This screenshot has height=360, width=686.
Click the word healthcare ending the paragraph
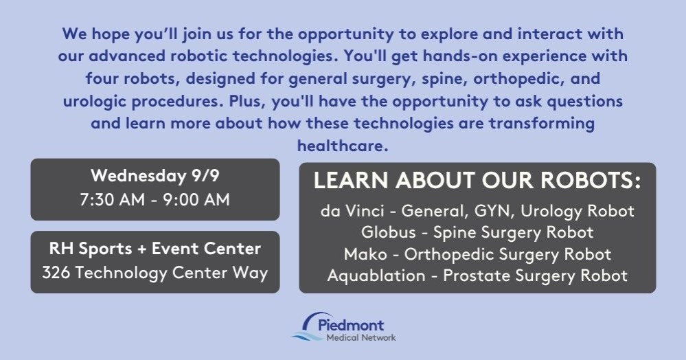click(x=343, y=146)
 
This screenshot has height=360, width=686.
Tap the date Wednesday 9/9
click(x=155, y=176)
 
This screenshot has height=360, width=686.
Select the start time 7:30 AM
click(x=113, y=200)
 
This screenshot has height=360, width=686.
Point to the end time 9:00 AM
click(x=196, y=200)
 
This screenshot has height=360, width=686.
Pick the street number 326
click(x=56, y=273)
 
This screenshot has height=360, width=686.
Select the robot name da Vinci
click(x=352, y=211)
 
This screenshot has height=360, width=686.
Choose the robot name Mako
click(x=365, y=254)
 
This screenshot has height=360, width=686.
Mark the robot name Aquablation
click(x=376, y=276)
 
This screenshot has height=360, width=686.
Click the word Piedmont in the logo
click(x=351, y=325)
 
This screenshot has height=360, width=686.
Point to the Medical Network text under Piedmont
click(x=361, y=337)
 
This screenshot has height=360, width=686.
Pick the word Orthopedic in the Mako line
click(x=450, y=254)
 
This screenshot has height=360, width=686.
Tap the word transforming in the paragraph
click(x=542, y=124)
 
